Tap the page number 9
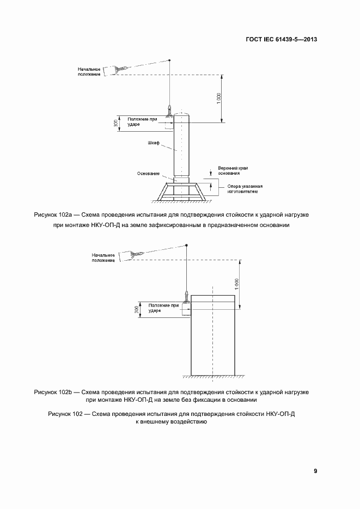315,471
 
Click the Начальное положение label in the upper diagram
90,71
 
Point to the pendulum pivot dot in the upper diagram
170,60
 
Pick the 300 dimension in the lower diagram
136,309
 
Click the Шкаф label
154,143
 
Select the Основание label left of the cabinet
149,174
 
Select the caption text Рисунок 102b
53,391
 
